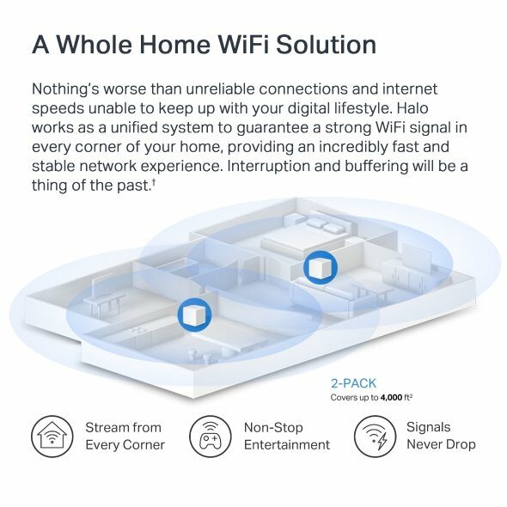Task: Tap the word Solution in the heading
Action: (x=326, y=45)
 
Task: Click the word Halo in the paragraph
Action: (x=412, y=108)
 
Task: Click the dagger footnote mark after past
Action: (x=154, y=183)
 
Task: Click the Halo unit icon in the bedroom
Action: (x=321, y=268)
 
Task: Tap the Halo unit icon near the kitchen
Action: (x=195, y=315)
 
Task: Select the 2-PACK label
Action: (x=353, y=383)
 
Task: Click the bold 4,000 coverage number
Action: (x=391, y=397)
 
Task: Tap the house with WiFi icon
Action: (x=52, y=437)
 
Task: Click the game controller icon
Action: (x=211, y=437)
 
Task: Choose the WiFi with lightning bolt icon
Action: (x=375, y=437)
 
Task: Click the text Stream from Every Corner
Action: (x=125, y=437)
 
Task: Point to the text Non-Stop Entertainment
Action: (x=287, y=437)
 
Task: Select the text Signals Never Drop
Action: (x=441, y=436)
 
